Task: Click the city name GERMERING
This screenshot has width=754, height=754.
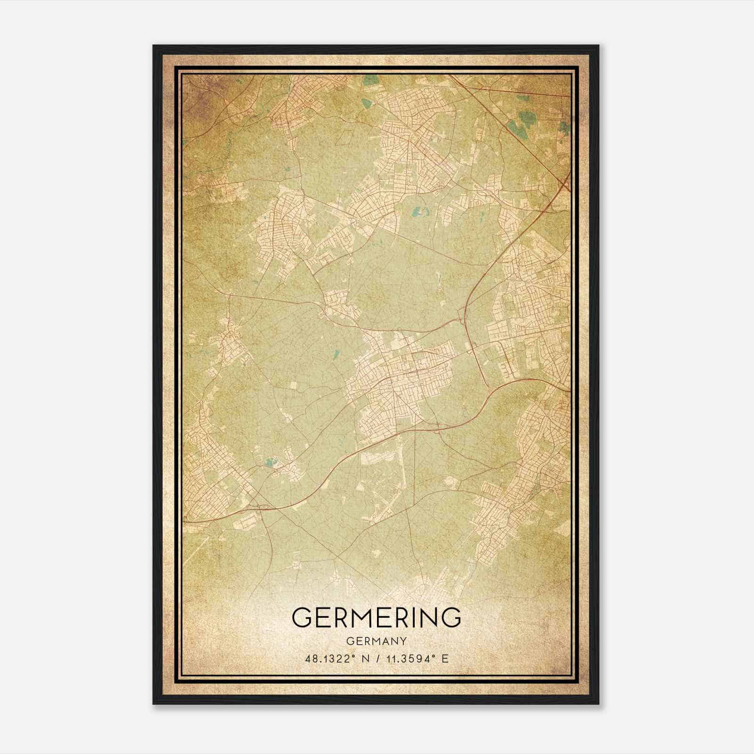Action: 377,617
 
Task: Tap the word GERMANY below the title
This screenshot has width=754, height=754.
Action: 377,641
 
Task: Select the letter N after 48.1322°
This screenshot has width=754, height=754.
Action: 364,658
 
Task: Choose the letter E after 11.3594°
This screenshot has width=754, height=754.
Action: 445,658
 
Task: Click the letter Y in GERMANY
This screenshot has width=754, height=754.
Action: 403,641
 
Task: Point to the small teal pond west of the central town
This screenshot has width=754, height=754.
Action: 336,353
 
